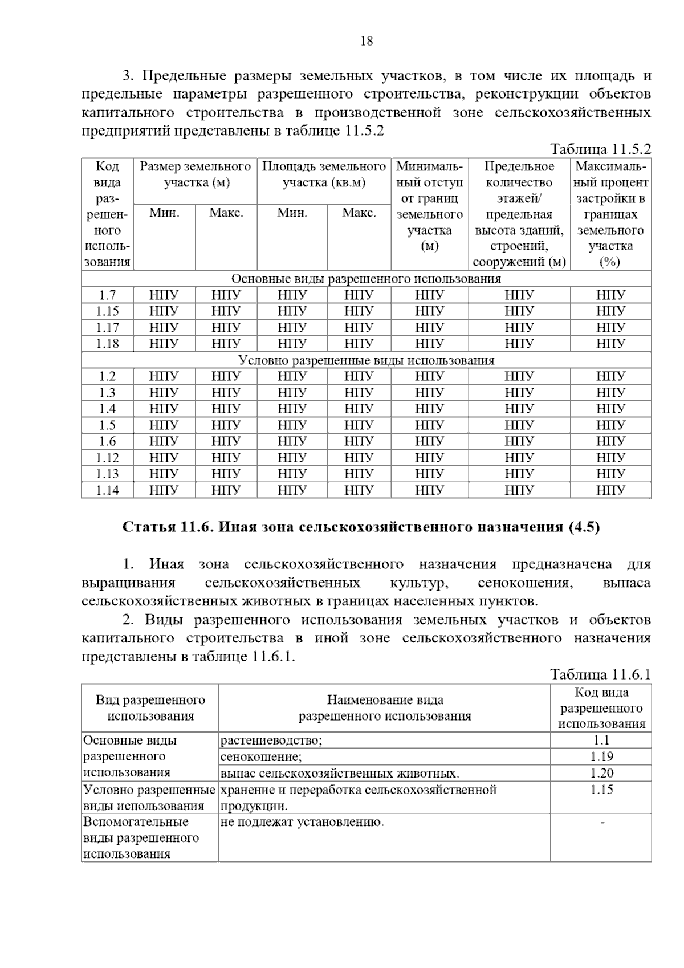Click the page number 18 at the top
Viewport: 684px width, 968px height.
[367, 41]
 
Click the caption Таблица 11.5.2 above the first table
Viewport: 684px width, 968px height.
[600, 149]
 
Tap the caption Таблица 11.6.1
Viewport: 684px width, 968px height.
[600, 675]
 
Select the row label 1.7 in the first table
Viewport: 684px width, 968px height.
[107, 295]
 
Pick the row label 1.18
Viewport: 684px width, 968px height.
[107, 344]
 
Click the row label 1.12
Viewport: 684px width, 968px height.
[107, 458]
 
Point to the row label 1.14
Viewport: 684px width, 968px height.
[107, 490]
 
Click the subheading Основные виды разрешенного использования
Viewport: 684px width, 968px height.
[366, 279]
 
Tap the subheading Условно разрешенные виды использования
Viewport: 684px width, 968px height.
[366, 360]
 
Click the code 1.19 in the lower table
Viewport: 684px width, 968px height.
[601, 756]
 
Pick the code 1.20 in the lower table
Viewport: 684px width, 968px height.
[601, 773]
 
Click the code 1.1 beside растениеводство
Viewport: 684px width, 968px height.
[601, 741]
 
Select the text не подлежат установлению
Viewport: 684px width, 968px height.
[302, 822]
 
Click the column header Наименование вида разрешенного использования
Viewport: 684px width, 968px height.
[385, 708]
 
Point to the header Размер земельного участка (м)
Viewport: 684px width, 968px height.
[196, 175]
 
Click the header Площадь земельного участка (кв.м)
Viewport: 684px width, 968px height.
[324, 175]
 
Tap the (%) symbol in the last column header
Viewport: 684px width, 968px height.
[610, 262]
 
